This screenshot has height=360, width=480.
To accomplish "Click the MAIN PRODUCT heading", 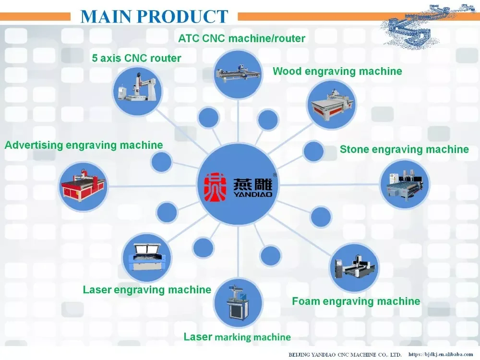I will click(x=154, y=16).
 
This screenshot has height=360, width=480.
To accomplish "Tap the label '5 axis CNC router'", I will click(x=137, y=59).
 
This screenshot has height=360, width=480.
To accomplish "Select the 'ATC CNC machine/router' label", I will click(x=241, y=38).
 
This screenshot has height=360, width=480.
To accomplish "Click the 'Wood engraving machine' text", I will click(x=337, y=72).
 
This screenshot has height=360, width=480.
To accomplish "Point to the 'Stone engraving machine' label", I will click(x=404, y=149).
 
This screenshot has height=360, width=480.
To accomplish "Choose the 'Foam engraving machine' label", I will click(x=356, y=301).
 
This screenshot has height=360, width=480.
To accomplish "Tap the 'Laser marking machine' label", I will click(x=237, y=337).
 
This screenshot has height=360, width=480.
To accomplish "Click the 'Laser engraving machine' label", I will click(x=147, y=290).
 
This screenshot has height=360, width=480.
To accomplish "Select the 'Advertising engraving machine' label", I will click(x=84, y=145).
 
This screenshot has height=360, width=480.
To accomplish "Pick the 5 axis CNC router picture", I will click(x=138, y=90).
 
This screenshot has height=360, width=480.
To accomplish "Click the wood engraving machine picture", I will click(x=331, y=104).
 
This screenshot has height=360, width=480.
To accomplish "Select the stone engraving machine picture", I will click(x=405, y=183).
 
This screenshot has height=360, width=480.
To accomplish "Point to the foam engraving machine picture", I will click(x=355, y=268).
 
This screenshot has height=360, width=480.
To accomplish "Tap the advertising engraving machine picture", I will click(x=83, y=186).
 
